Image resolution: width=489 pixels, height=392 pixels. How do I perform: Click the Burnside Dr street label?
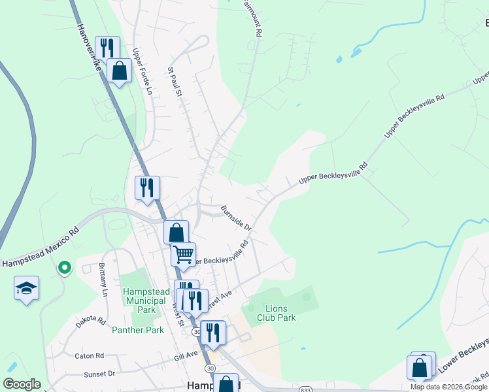coord(236,217)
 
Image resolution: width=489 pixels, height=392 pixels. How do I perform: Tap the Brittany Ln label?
coord(103,280)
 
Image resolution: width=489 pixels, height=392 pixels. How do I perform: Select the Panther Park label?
coord(138,330)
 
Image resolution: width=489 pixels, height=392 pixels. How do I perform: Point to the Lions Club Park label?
coord(280,313)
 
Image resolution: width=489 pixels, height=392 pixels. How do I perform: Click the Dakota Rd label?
coord(91,321)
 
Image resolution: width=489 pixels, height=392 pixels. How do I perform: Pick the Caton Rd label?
coord(90,356)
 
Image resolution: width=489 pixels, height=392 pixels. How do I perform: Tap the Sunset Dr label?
coord(99,374)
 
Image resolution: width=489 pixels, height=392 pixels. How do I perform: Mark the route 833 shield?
coord(305,389)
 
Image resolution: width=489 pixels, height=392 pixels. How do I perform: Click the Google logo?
coord(22,384)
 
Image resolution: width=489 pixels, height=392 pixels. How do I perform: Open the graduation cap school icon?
coord(27,288)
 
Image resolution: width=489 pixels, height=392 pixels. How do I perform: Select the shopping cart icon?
coord(184,253)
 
